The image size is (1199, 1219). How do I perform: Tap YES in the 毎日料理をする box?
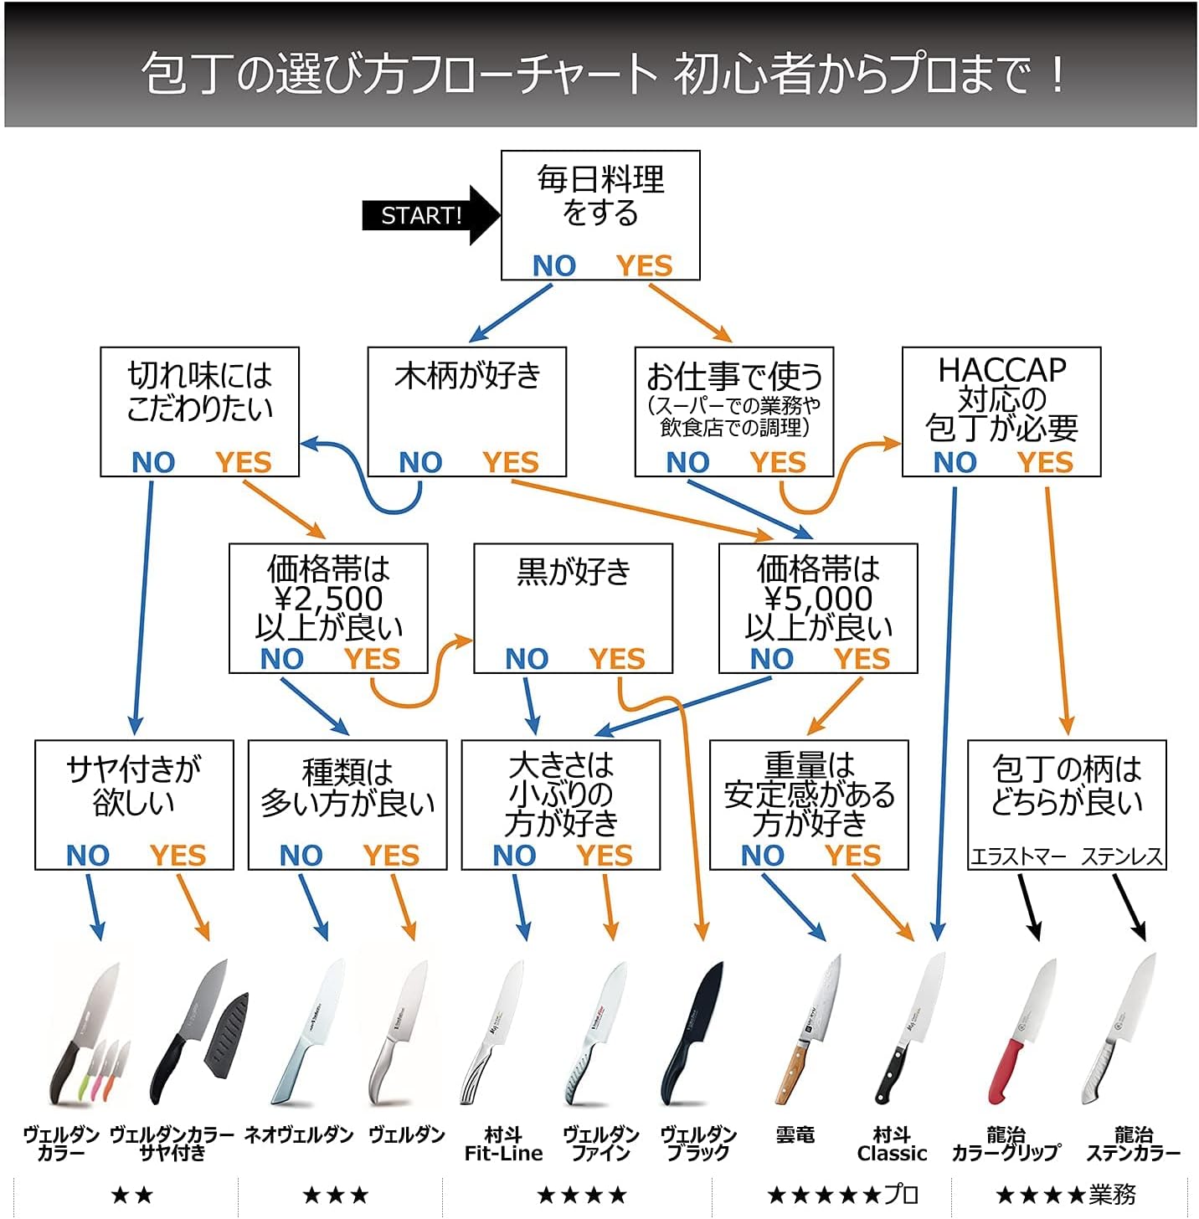point(644,265)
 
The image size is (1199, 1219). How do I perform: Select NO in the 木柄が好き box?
point(420,462)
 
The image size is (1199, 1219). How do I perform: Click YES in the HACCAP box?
point(1045,462)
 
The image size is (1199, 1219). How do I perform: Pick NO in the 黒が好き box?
point(527,659)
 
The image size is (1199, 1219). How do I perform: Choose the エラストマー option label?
point(1018,856)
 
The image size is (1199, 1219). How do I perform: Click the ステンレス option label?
point(1122,856)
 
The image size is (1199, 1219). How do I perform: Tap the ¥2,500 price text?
point(328,599)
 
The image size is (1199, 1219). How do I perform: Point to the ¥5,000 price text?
point(818,599)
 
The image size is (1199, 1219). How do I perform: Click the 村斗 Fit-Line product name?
point(503,1144)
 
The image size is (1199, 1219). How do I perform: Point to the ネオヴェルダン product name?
point(299,1135)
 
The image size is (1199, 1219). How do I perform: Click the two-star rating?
point(131,1195)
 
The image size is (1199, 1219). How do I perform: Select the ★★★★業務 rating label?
point(1065,1195)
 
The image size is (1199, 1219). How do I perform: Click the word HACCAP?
point(1001,369)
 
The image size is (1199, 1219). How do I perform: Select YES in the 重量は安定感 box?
point(852,856)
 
